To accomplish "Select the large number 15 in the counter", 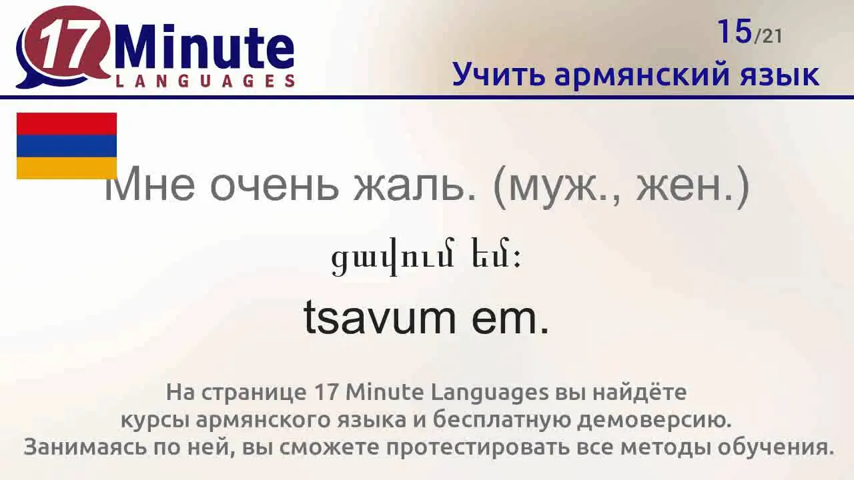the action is point(735,31).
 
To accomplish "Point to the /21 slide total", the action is point(767,37).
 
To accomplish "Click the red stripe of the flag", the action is point(66,124).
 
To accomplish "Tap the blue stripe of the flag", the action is point(66,146).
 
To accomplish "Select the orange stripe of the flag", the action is point(66,168).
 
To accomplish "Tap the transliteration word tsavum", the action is point(380,317).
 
